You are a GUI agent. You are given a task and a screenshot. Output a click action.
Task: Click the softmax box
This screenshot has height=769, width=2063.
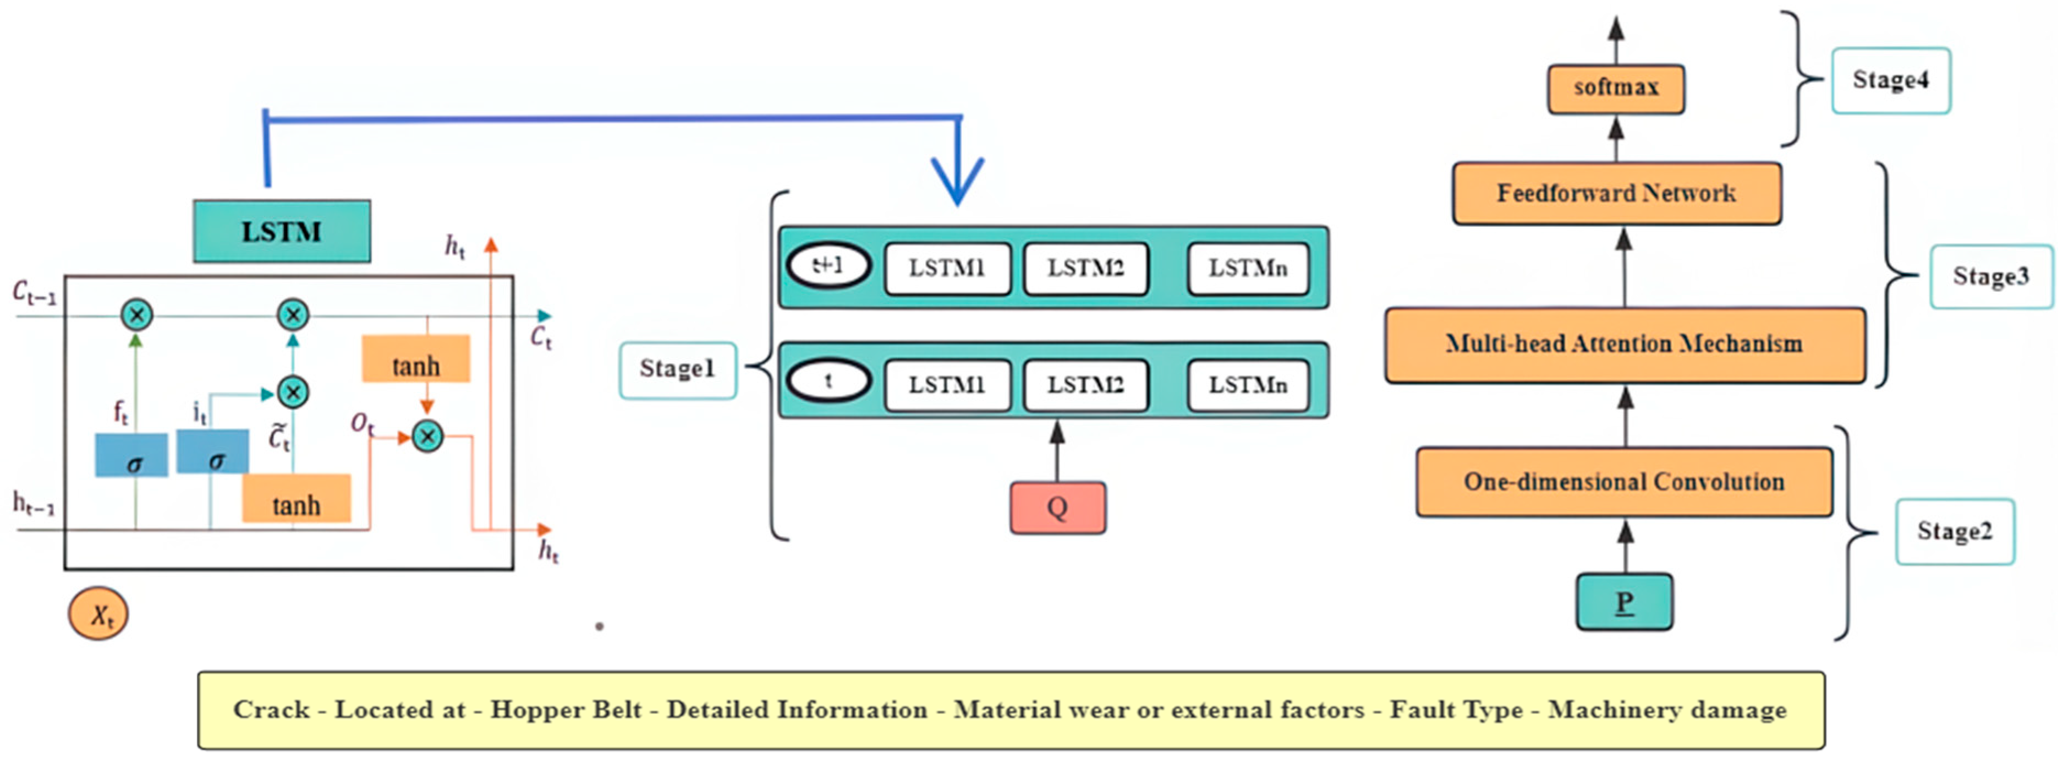[x=1615, y=88]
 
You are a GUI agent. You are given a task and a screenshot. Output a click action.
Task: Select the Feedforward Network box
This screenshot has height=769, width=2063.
[x=1616, y=193]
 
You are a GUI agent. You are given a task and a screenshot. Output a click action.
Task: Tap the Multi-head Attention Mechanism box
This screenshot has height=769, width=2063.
[x=1624, y=345]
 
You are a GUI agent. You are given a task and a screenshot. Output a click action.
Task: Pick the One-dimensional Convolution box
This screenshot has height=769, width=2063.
[x=1624, y=482]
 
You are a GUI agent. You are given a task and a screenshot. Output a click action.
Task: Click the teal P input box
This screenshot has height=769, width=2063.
[x=1624, y=602]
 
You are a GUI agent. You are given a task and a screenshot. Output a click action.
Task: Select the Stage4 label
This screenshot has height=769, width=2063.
[x=1890, y=81]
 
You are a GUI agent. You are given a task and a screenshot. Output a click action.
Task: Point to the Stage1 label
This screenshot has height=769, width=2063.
[x=677, y=369]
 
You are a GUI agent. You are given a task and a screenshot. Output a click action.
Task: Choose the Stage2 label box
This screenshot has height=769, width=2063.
[x=1954, y=532]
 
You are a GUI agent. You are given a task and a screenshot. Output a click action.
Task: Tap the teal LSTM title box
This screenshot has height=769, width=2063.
[x=281, y=232]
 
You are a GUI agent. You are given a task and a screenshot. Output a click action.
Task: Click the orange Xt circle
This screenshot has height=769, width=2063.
[x=98, y=614]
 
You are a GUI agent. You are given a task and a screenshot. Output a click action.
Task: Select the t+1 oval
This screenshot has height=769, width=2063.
[x=828, y=266]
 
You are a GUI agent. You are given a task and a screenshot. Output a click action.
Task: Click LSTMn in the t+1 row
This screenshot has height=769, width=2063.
[x=1248, y=268]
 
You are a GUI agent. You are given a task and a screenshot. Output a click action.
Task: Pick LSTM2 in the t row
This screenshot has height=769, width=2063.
[x=1085, y=385]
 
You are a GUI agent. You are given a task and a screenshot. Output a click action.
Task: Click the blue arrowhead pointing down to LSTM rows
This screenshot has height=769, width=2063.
[x=957, y=184]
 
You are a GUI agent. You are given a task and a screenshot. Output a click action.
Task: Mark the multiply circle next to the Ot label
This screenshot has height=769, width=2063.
[x=427, y=437]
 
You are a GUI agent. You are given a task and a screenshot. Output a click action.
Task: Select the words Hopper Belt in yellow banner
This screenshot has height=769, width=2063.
[x=566, y=710]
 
